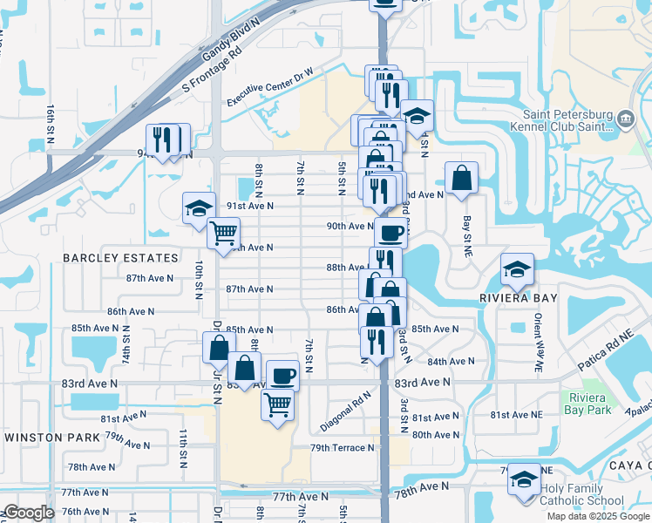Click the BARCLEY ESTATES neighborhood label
121,258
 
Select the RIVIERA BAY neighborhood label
519,298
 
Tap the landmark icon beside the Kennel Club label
626,119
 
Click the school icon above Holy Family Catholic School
524,480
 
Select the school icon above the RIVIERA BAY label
518,269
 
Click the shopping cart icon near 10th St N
224,233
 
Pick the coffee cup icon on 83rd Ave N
282,376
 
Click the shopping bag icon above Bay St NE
461,178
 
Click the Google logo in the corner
29,513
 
